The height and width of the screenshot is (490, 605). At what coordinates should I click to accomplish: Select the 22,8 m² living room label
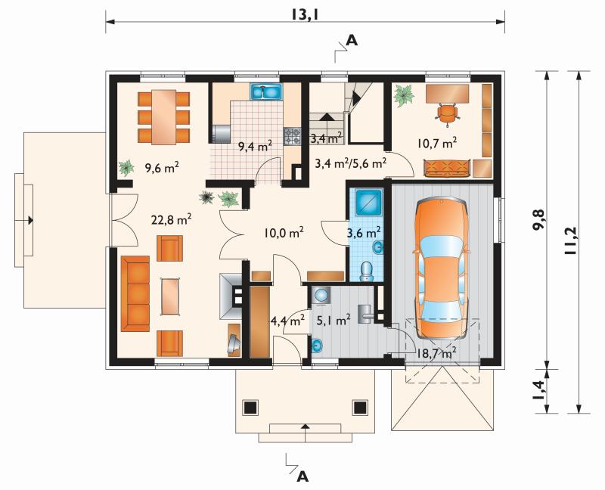(x=172, y=219)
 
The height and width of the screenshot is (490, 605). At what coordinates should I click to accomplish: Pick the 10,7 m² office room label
(x=437, y=143)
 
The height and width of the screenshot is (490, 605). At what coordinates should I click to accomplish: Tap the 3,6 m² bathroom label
(x=365, y=233)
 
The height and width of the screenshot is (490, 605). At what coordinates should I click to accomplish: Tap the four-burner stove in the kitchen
(x=293, y=137)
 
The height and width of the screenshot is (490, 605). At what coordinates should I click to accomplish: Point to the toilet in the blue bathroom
(x=366, y=271)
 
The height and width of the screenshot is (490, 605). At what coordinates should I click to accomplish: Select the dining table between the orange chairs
(x=164, y=117)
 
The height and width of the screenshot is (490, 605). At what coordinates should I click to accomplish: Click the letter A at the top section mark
(x=352, y=40)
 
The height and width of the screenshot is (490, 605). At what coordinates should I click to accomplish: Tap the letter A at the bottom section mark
(x=303, y=477)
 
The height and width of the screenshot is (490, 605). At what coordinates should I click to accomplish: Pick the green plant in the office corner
(x=404, y=95)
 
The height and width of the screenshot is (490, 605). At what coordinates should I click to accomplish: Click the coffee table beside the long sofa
(x=171, y=296)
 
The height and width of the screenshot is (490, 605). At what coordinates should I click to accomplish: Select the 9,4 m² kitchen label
(x=255, y=146)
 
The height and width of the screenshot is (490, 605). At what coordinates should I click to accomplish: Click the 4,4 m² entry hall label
(x=287, y=320)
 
